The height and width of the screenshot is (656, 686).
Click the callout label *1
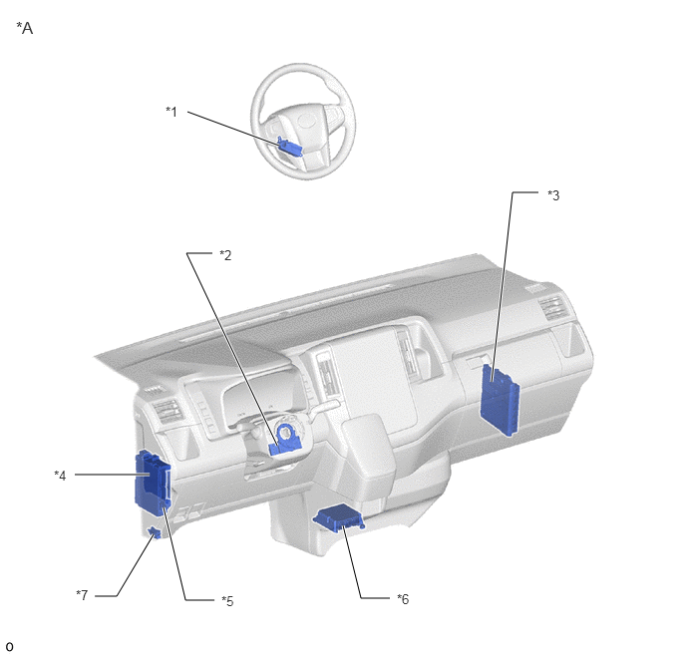click(x=171, y=112)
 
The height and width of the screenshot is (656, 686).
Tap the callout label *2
click(x=225, y=255)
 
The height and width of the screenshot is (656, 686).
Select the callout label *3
click(x=553, y=195)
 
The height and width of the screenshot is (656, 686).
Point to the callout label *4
click(x=61, y=475)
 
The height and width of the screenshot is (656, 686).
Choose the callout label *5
click(x=227, y=601)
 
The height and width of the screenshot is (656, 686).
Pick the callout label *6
click(x=403, y=599)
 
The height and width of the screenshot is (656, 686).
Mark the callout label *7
click(x=82, y=595)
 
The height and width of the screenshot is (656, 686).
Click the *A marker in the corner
click(x=25, y=28)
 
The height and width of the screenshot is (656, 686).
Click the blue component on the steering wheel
click(x=289, y=147)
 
